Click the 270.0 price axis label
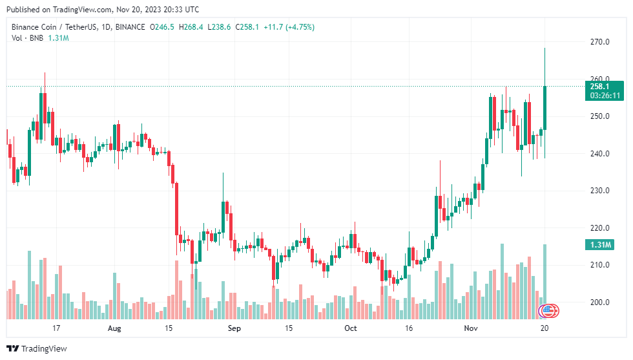600,42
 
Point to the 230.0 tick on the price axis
600,191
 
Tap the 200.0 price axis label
600,302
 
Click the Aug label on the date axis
114,328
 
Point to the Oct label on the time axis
350,328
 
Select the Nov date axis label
470,328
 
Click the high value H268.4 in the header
191,27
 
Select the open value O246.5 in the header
161,27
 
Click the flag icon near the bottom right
550,311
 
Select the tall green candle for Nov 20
545,107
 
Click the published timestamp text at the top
104,10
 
